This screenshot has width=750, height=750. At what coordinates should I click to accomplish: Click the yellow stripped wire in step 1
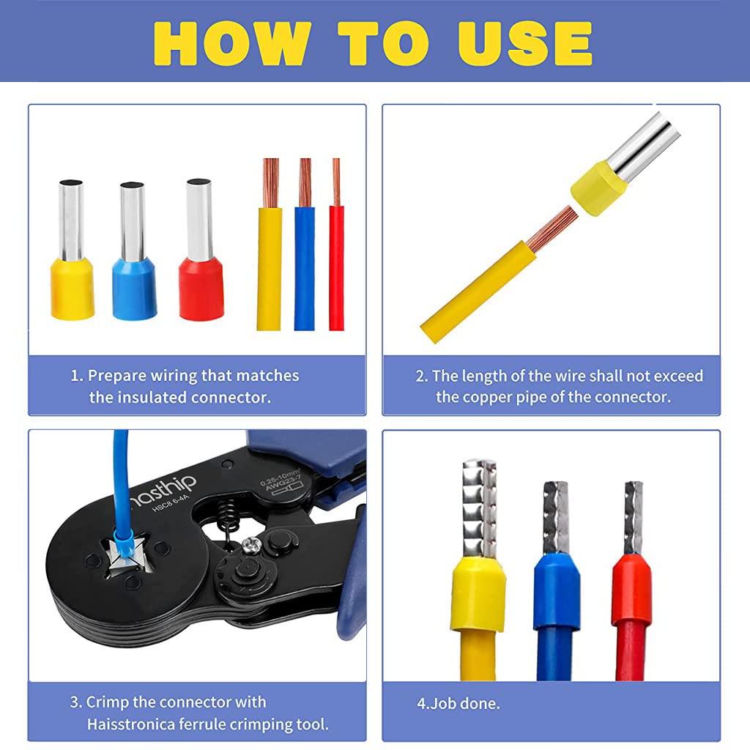(x=269, y=264)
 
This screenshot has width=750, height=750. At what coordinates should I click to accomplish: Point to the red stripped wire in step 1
(x=336, y=264)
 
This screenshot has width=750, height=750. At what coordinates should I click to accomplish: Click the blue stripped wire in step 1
(x=304, y=264)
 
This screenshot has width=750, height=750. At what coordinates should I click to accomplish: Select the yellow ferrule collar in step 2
(x=598, y=189)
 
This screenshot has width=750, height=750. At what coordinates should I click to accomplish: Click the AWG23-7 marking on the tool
(x=280, y=487)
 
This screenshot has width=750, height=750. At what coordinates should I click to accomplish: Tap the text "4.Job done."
(x=458, y=703)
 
